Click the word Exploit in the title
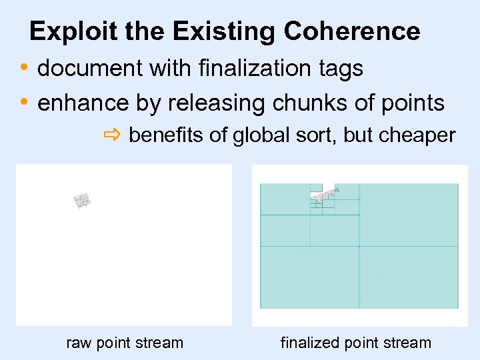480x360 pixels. click(64, 31)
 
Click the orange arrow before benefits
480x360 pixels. click(111, 136)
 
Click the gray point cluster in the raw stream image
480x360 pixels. click(82, 200)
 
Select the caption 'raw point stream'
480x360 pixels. click(125, 343)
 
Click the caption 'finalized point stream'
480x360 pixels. click(356, 343)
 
